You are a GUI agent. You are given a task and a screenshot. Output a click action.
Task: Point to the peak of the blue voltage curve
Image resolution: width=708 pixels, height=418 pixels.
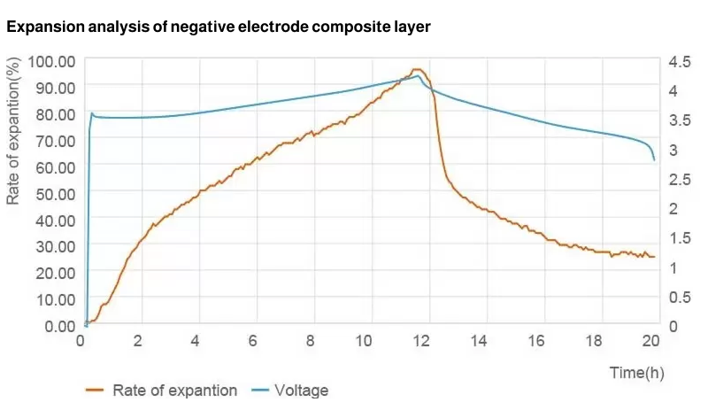coord(418,76)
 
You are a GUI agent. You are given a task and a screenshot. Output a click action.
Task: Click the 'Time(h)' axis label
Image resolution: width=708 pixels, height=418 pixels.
coord(636,373)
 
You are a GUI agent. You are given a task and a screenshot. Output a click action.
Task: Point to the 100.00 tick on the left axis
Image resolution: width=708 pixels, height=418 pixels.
coord(52,61)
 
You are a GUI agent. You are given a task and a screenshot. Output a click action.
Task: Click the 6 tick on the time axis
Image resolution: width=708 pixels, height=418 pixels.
coord(253,341)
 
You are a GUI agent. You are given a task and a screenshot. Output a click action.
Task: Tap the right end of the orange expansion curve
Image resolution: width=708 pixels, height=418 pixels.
coord(654,257)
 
